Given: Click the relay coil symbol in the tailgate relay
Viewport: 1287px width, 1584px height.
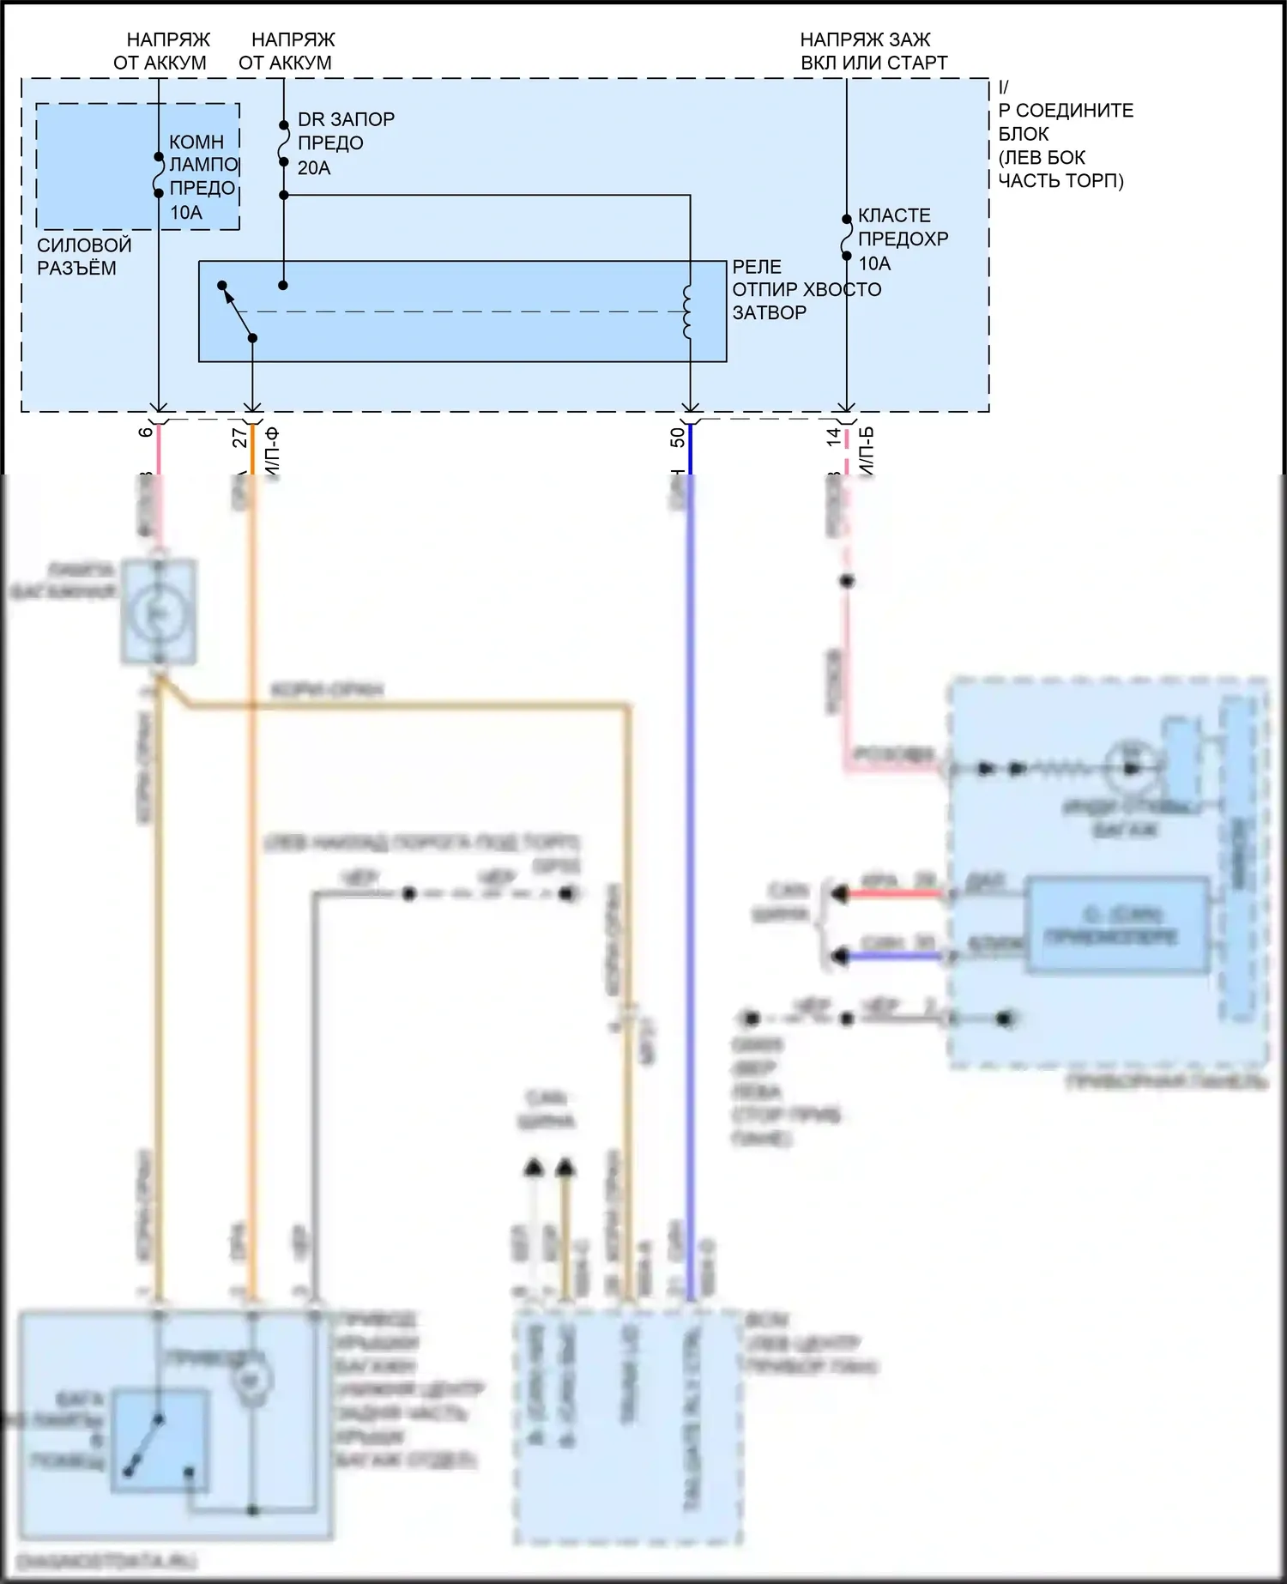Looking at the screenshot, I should point(687,312).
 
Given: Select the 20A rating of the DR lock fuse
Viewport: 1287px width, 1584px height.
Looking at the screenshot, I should point(314,167).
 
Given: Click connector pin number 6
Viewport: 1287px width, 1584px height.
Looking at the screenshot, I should point(146,432).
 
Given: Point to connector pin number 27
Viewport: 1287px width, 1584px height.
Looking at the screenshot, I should point(240,438).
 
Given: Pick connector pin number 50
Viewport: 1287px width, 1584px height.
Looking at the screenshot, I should point(678,438).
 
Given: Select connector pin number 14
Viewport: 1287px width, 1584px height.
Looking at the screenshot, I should point(834,437).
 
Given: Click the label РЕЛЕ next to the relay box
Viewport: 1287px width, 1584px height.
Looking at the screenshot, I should point(757,266).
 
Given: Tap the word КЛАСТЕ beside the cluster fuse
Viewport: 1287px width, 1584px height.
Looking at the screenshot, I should point(894,215).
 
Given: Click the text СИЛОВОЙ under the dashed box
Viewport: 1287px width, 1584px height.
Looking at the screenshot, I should point(84,245).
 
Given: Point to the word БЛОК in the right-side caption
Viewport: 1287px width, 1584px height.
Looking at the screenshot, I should point(1024,134).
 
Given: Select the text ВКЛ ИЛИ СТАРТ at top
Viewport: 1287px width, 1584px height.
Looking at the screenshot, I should point(873,63).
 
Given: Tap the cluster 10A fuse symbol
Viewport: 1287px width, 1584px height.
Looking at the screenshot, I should point(847,238).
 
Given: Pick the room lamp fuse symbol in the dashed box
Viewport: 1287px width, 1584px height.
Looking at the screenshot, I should point(159,175).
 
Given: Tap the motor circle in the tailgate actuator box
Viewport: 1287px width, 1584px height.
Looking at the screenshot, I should point(252,1381).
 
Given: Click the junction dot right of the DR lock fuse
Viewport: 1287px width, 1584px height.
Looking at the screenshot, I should point(284,196).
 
